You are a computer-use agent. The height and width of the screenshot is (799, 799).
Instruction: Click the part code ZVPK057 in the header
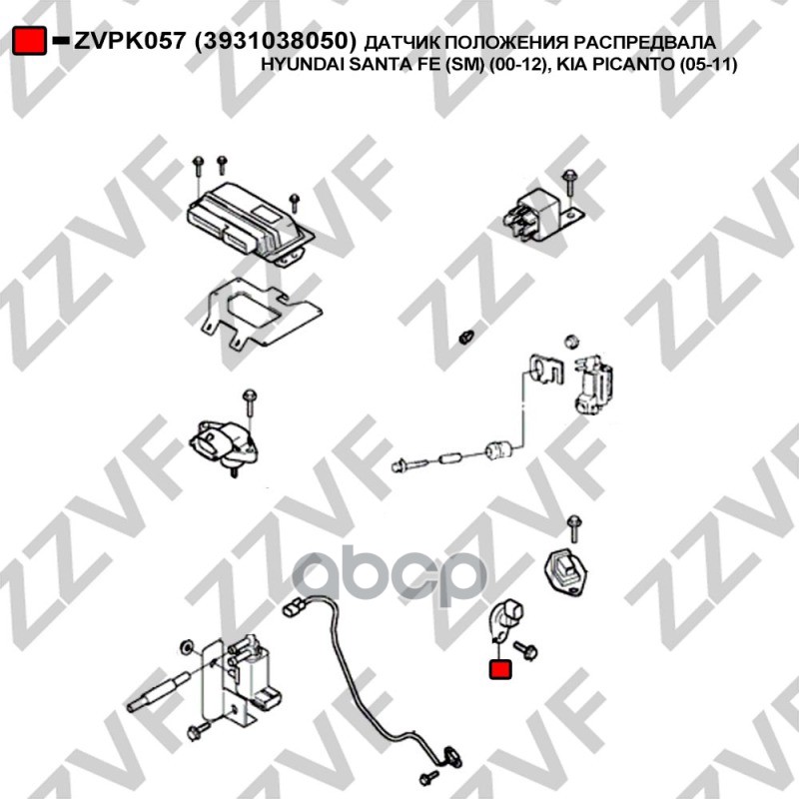(x=129, y=41)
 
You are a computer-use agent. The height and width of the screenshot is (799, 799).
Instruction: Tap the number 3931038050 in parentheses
(x=276, y=41)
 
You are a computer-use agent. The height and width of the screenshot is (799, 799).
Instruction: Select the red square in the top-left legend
(x=29, y=41)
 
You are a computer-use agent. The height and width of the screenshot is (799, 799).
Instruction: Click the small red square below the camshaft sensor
(x=500, y=669)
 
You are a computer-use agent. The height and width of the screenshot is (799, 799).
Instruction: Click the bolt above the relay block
(x=568, y=184)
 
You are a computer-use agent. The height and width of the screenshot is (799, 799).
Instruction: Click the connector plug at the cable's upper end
(x=294, y=607)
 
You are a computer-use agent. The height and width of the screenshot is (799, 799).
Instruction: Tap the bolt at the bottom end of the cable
(x=428, y=777)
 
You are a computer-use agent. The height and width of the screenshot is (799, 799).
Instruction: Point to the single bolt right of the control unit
(x=294, y=203)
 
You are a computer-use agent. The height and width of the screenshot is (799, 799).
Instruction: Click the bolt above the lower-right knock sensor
(x=574, y=528)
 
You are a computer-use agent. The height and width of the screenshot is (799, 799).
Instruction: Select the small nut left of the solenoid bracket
(x=465, y=337)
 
